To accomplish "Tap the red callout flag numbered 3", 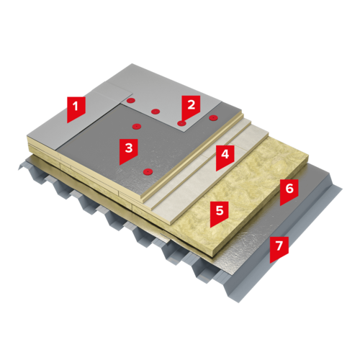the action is click(129, 150).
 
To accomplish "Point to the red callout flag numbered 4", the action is click(225, 156).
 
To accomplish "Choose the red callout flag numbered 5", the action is click(220, 213).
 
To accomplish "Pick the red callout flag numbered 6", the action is click(289, 192).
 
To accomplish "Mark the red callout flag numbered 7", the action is click(279, 248).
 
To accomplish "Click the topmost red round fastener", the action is click(130, 101).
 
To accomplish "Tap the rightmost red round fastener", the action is click(213, 118).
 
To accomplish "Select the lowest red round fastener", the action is click(148, 171).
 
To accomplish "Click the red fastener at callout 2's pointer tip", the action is click(181, 123).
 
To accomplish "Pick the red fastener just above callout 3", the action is click(137, 126).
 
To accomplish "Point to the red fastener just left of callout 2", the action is click(156, 112).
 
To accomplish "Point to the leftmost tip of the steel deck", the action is click(18, 169).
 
